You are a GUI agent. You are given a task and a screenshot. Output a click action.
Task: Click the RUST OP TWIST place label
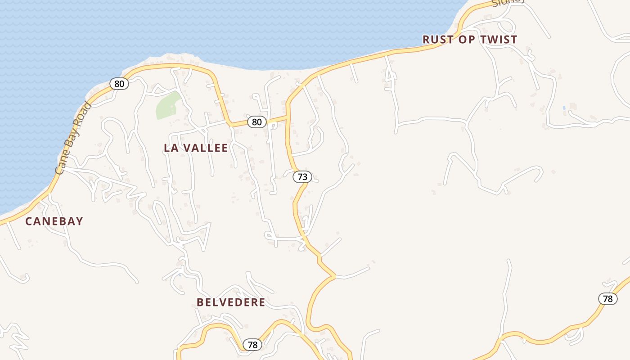click(x=470, y=40)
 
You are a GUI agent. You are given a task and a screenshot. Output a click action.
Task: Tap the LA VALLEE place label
click(x=196, y=148)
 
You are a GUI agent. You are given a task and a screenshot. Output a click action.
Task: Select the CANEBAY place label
click(x=54, y=221)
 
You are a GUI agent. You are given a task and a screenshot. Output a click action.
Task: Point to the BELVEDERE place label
click(x=231, y=302)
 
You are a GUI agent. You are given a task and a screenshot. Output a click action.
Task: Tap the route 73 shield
click(x=302, y=177)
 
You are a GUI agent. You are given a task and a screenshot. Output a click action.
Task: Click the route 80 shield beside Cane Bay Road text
click(x=119, y=83)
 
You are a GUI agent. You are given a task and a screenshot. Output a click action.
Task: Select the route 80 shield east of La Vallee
click(x=256, y=121)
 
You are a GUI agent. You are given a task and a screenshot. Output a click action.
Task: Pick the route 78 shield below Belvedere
click(x=252, y=345)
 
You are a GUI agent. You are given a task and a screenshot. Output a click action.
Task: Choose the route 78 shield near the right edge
click(x=607, y=298)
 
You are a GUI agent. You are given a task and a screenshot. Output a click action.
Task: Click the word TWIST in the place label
click(x=499, y=40)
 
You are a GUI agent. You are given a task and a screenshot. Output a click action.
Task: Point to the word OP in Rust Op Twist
click(x=467, y=40)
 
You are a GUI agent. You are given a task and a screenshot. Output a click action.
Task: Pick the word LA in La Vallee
click(x=171, y=148)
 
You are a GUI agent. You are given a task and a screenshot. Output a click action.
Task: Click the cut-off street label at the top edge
click(x=508, y=2)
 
